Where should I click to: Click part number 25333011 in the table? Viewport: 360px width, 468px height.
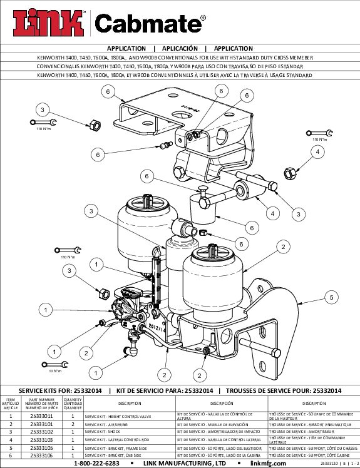[41, 415]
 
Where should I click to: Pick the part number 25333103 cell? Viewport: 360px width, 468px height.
[41, 440]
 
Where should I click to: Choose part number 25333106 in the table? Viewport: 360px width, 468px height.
[41, 456]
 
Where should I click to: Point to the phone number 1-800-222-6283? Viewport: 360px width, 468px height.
[96, 464]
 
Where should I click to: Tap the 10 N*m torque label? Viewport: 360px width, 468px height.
[54, 371]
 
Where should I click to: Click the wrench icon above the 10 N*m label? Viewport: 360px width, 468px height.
[55, 362]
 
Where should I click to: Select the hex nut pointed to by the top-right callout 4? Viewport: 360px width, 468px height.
[290, 172]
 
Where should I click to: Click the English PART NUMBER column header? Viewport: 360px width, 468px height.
[41, 400]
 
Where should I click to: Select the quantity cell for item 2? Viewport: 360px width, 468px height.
[73, 424]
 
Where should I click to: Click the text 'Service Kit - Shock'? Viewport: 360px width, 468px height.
[106, 432]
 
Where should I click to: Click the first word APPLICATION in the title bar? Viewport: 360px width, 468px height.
[126, 48]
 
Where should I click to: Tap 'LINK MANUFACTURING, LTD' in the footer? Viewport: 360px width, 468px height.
[184, 464]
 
